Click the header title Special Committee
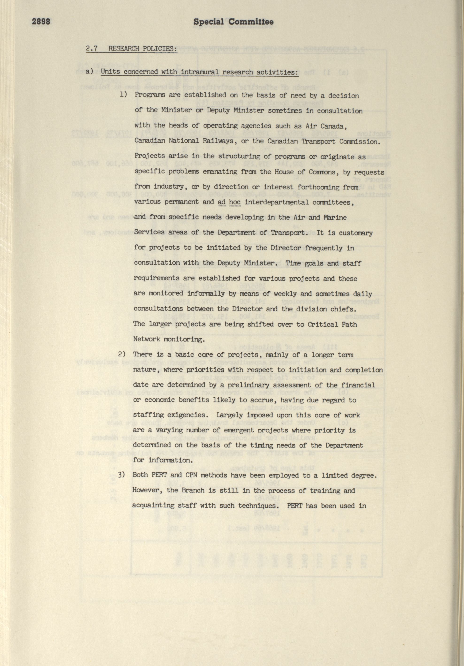(233, 22)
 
